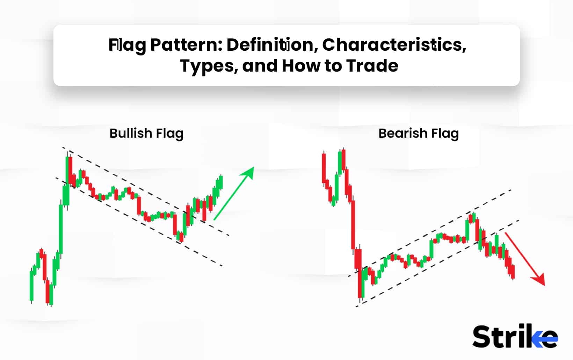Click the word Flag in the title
tap(127, 45)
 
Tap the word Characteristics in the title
tap(394, 45)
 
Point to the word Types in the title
tap(209, 66)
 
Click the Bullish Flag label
tap(146, 134)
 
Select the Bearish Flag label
tap(418, 134)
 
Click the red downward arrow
tap(525, 259)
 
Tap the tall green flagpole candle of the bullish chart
tap(61, 227)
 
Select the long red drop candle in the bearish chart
tap(353, 224)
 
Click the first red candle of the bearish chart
tap(324, 168)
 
